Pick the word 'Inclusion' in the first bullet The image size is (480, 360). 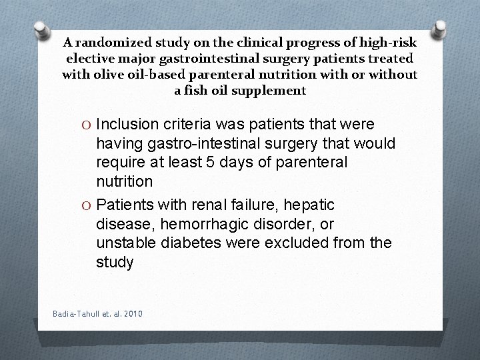click(x=127, y=125)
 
